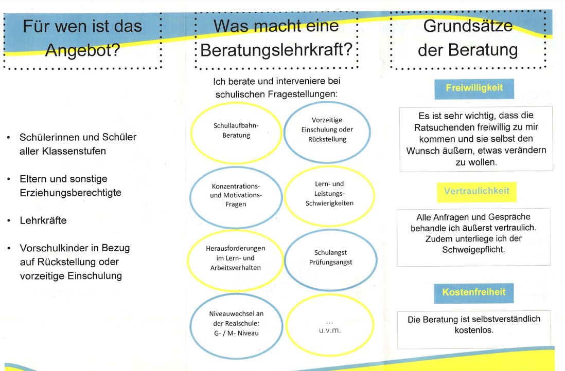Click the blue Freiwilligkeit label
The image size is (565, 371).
click(474, 88)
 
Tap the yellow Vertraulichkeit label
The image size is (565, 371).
click(476, 192)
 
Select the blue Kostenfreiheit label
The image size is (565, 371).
click(474, 293)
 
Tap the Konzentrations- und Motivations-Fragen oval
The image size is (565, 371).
click(190, 197)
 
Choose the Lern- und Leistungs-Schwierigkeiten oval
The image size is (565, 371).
click(285, 196)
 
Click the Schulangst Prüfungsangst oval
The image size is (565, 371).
click(285, 260)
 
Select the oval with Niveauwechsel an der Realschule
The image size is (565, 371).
click(190, 326)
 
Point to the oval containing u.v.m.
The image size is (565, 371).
click(287, 325)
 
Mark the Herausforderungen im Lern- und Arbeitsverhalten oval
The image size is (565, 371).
click(188, 261)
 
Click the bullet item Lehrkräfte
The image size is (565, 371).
click(43, 220)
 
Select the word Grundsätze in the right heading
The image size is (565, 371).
click(468, 26)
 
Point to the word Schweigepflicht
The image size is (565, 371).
click(473, 250)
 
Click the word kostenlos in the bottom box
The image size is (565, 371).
click(473, 330)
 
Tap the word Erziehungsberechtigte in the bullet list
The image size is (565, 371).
click(70, 193)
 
